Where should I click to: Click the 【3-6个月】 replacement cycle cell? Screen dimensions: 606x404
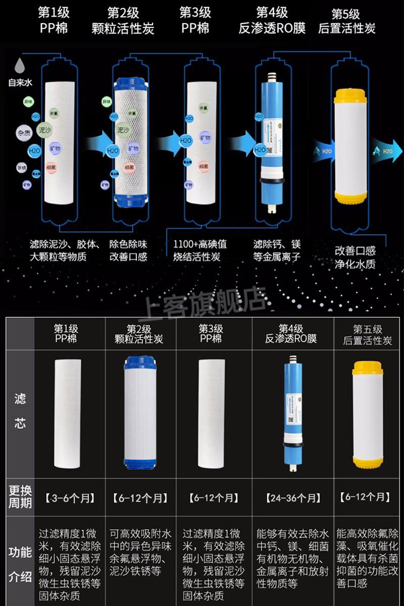pos(70,498)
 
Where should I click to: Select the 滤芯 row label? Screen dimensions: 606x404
pos(20,411)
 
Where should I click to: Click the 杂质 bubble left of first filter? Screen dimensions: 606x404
pos(24,133)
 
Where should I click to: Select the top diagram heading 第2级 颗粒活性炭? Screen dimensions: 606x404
pos(123,20)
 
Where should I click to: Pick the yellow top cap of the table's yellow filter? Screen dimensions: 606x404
pos(365,367)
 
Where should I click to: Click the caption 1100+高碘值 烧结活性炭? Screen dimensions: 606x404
pos(200,250)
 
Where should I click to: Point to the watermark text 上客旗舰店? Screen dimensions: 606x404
pos(205,304)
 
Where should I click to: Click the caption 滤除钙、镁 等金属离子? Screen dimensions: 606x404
pos(277,250)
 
